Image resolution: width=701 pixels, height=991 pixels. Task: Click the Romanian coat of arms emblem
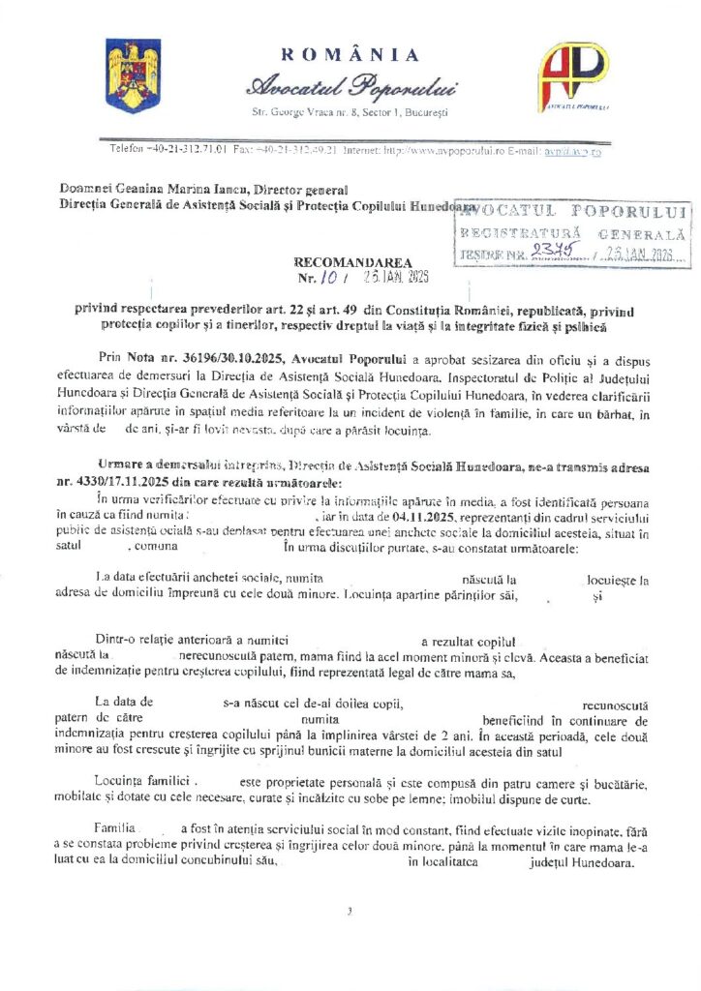click(x=126, y=75)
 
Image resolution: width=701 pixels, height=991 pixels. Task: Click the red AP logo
click(x=573, y=75)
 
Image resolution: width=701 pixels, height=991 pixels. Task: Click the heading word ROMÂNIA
click(x=350, y=55)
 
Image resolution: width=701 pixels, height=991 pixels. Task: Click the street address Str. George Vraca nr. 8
click(x=308, y=113)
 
